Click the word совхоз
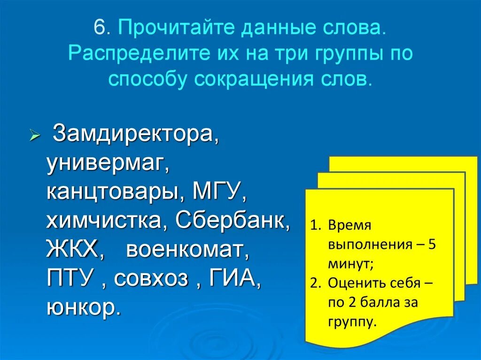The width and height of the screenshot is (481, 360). click(151, 278)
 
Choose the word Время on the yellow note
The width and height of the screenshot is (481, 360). click(350, 225)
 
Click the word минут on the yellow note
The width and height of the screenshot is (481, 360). click(350, 264)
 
